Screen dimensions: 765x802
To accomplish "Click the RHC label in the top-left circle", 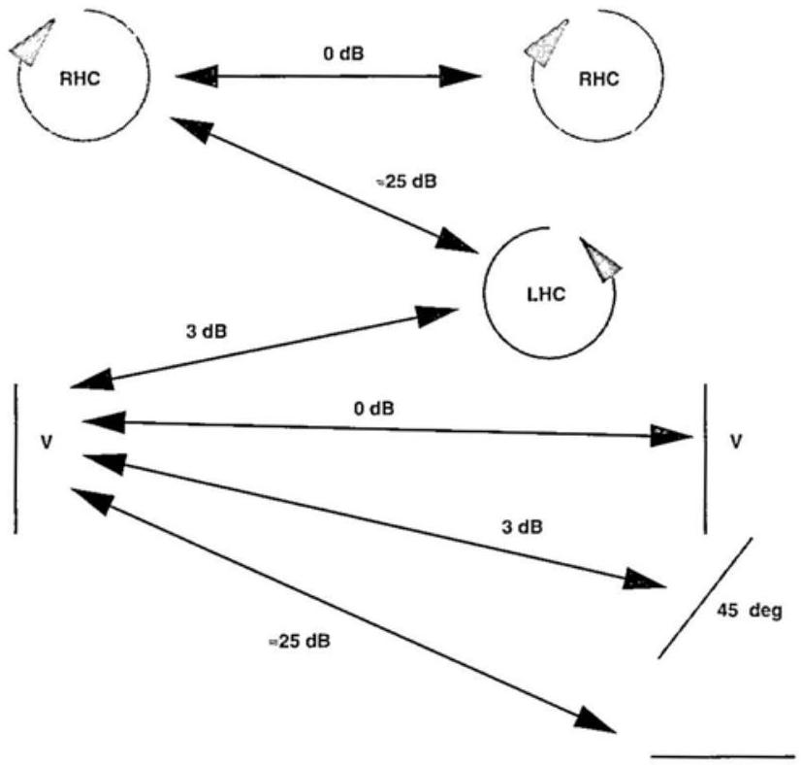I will pos(80,82).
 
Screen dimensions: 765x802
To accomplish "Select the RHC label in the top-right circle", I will pos(597,82).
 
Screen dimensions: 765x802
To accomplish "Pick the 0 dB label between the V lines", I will pos(374,409).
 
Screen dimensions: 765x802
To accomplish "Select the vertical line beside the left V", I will pos(16,457).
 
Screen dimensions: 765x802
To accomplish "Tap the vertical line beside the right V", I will pos(706,457).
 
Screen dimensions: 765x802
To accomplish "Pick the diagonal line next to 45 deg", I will pos(704,598).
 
